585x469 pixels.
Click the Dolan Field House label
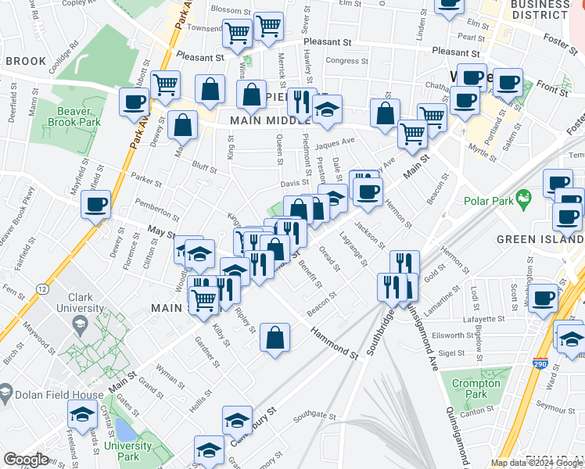point(58,395)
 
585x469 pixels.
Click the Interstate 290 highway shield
point(540,364)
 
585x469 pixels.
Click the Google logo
point(27,460)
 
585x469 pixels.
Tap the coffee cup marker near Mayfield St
point(96,206)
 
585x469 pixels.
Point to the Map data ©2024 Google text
point(537,462)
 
